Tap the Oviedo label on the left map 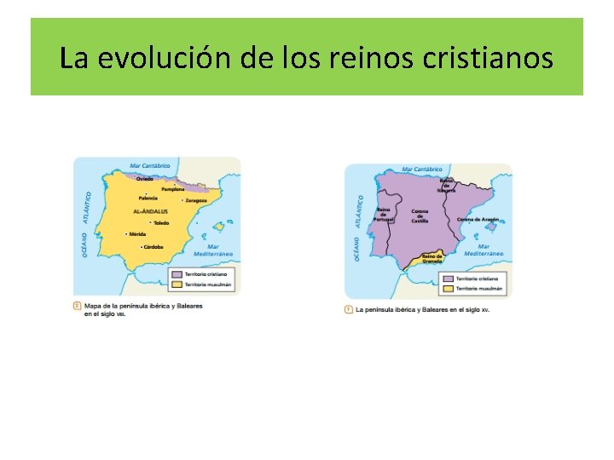coord(145,179)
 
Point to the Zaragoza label coord(196,200)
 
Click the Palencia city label coord(148,198)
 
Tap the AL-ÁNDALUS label coord(151,210)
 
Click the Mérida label coord(137,234)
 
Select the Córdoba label coord(153,247)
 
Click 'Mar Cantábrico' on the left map coord(150,166)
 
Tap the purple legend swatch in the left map coord(177,275)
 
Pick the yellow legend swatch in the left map coord(177,285)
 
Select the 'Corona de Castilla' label coord(420,216)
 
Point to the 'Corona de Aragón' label coord(478,219)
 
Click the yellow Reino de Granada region coord(431,261)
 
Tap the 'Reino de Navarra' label coord(446,185)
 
